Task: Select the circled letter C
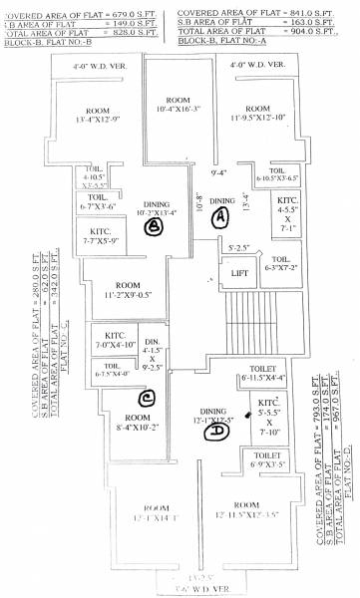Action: (x=146, y=399)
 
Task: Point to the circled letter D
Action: (x=214, y=432)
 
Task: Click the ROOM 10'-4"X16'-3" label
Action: (x=178, y=105)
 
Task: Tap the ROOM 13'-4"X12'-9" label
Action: (x=97, y=118)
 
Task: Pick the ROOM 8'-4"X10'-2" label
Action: (x=130, y=422)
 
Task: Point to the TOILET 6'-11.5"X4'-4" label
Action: (x=262, y=374)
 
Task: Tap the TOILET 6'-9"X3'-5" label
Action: (x=264, y=459)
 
